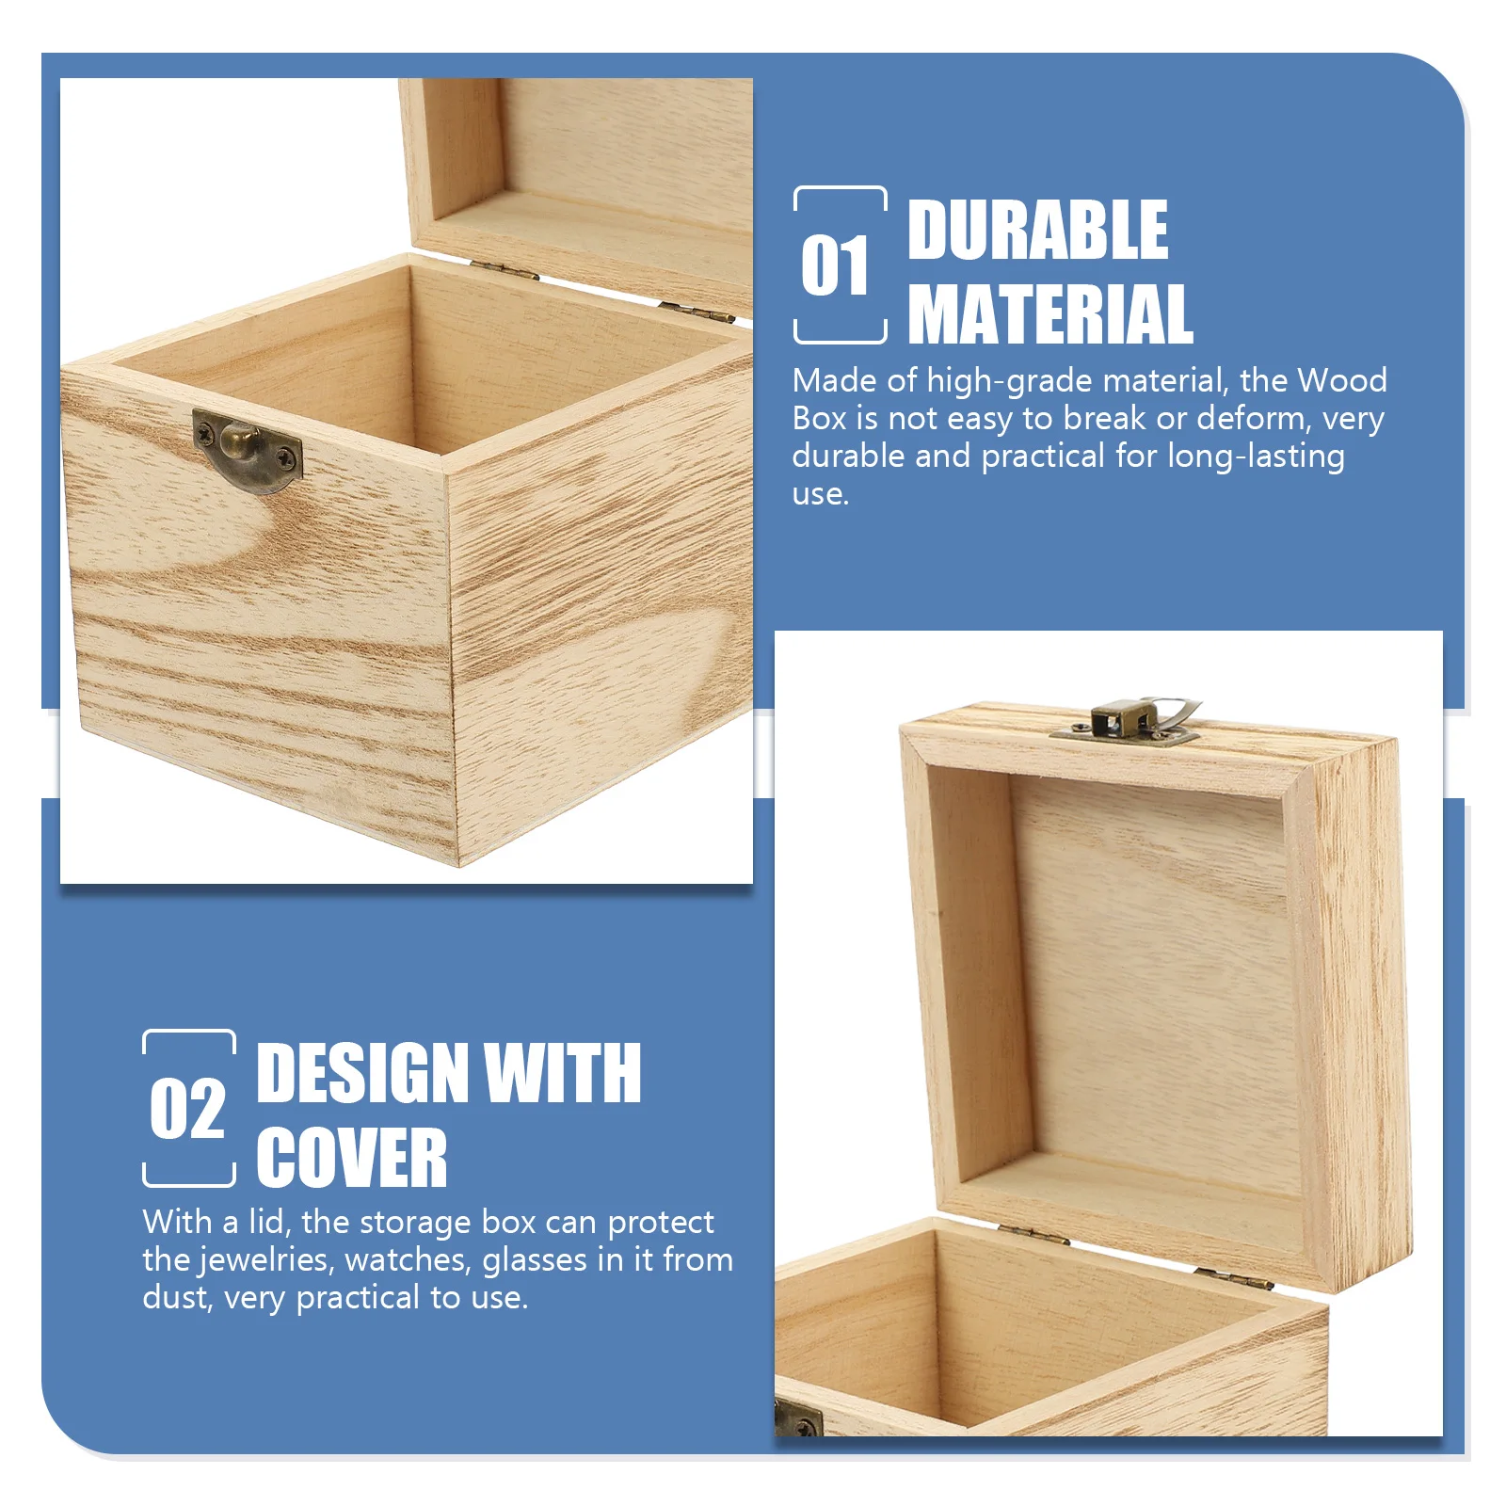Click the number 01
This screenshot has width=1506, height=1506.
(x=835, y=266)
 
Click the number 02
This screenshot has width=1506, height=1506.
(x=187, y=1110)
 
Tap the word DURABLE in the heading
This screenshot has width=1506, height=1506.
(x=1037, y=231)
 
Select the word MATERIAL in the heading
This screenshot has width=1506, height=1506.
(x=1050, y=315)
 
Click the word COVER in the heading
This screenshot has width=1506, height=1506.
(x=351, y=1159)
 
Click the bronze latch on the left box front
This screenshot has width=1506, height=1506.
(x=247, y=449)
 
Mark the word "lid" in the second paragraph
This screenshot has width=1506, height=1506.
(x=268, y=1222)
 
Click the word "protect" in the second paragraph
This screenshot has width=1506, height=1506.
(x=661, y=1223)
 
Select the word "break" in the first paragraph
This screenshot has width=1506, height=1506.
(x=1104, y=419)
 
